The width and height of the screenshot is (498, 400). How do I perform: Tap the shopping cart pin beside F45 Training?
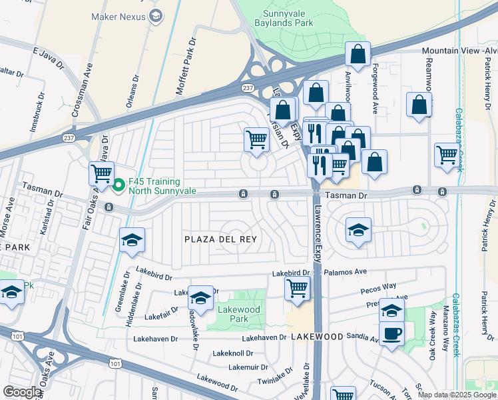click(x=101, y=174)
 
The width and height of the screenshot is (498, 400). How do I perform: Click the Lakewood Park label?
click(x=239, y=314)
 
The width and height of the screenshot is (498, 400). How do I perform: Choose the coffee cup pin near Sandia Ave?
click(x=391, y=333)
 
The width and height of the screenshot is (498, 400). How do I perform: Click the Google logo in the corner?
click(x=22, y=392)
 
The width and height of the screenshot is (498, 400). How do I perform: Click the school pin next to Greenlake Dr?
click(x=132, y=240)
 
